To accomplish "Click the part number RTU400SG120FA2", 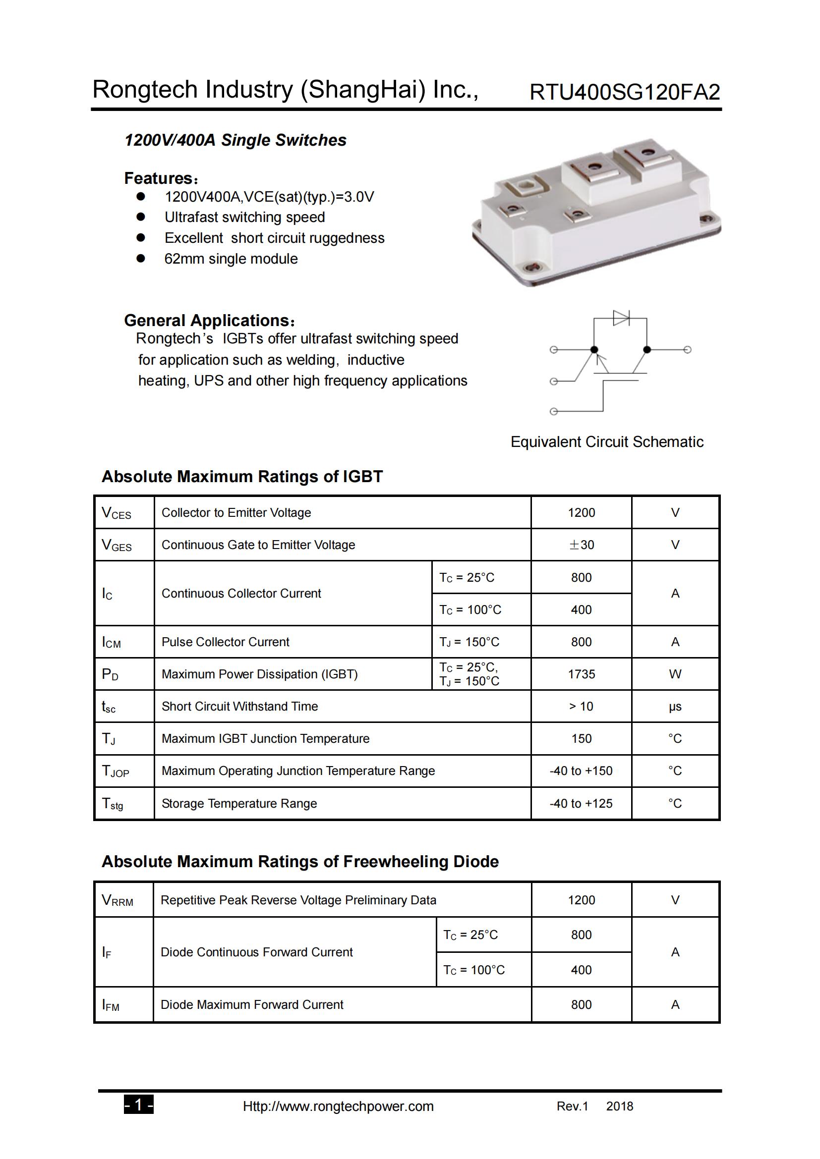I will tap(625, 92).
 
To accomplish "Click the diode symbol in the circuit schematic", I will tap(621, 318).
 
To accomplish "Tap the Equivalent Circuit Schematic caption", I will tap(606, 442).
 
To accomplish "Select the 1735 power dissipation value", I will tap(581, 674).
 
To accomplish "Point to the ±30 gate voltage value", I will tap(581, 545).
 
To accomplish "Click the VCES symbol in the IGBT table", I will tap(116, 513).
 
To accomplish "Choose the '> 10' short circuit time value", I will tap(581, 706).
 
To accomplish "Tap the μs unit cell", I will tap(675, 706).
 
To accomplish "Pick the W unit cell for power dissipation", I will tap(675, 674).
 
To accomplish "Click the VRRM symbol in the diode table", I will tap(117, 900).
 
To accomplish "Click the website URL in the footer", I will tap(338, 1106).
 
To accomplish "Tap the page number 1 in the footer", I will tap(138, 1105).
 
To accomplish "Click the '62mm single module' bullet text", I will tap(231, 259).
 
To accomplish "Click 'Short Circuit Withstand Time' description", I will tap(239, 706).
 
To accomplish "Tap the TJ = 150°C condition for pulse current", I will tap(469, 642).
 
